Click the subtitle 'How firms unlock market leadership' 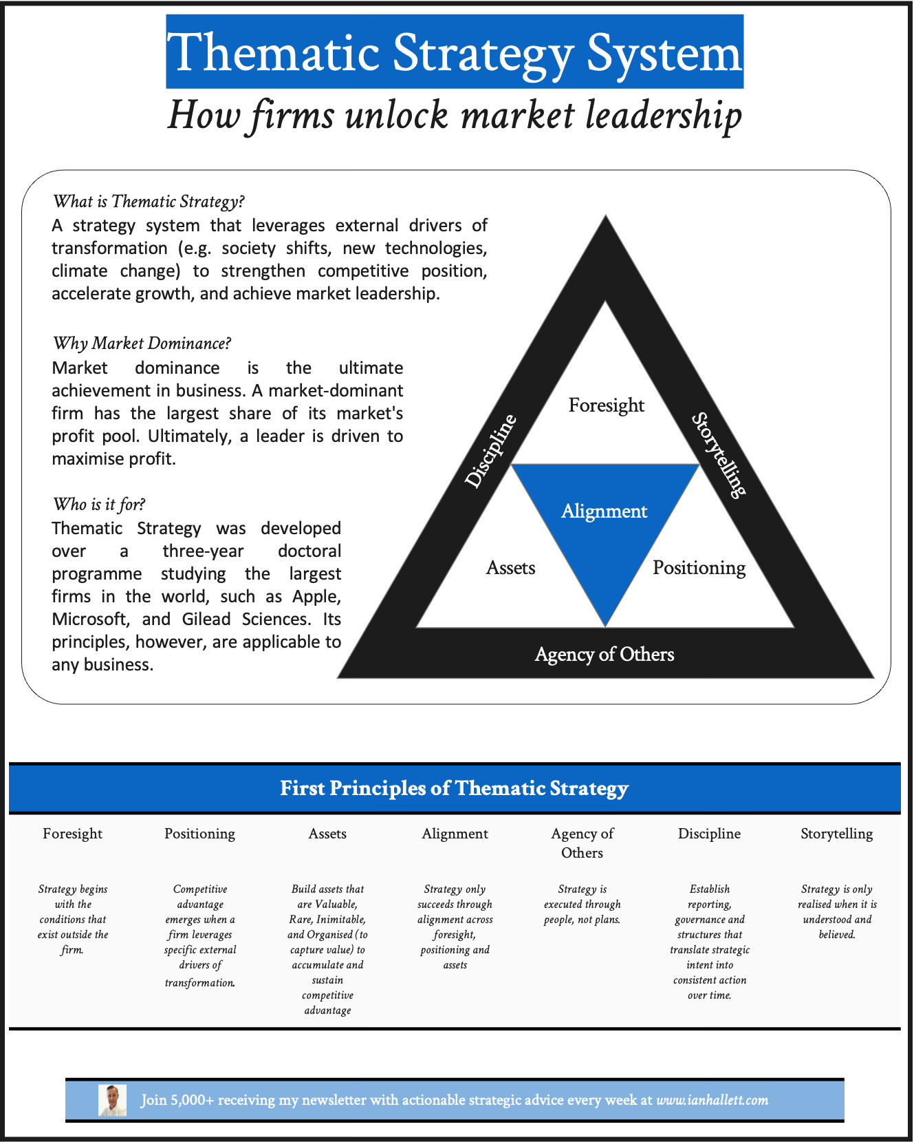point(455,114)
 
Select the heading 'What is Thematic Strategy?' point(149,201)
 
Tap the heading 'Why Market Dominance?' point(142,343)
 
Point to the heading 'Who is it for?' point(99,504)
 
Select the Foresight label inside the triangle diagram point(606,405)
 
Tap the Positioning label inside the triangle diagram point(699,568)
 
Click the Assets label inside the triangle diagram point(510,568)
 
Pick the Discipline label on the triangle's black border point(490,452)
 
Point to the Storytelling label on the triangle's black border point(719,454)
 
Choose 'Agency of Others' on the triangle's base point(605,654)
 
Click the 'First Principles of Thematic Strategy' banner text point(454,788)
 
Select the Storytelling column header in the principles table point(836,834)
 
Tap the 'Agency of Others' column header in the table point(582,843)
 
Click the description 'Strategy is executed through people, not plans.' point(582,904)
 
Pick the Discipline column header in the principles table point(709,834)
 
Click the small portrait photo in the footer point(112,1100)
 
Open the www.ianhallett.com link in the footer point(712,1100)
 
